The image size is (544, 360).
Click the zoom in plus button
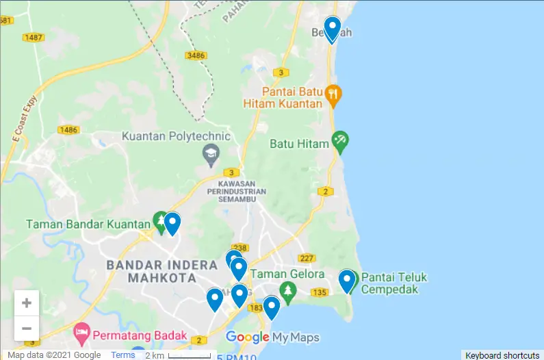pyautogui.click(x=27, y=303)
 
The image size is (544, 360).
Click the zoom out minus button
pyautogui.click(x=27, y=329)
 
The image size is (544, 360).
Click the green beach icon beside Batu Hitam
pyautogui.click(x=340, y=142)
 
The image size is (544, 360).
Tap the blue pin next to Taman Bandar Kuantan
pyautogui.click(x=172, y=223)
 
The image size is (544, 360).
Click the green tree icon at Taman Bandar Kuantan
pyautogui.click(x=159, y=220)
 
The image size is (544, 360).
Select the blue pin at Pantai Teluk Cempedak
pyautogui.click(x=347, y=281)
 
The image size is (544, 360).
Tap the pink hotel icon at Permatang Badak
pyautogui.click(x=81, y=333)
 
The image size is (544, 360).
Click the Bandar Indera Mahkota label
pyautogui.click(x=151, y=271)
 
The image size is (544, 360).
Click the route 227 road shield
pyautogui.click(x=307, y=258)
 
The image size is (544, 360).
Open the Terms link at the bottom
pyautogui.click(x=123, y=355)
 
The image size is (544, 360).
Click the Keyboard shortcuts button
pyautogui.click(x=502, y=355)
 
